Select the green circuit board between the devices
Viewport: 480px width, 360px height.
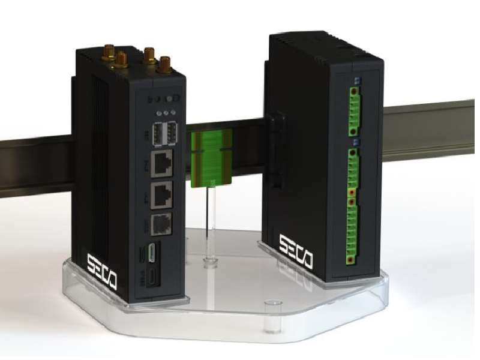pyautogui.click(x=211, y=158)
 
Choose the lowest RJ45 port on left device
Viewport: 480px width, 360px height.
pyautogui.click(x=161, y=224)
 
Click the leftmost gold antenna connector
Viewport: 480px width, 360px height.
pyautogui.click(x=110, y=53)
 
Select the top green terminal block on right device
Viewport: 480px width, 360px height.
pyautogui.click(x=355, y=112)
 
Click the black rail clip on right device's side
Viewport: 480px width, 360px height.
pyautogui.click(x=274, y=150)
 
